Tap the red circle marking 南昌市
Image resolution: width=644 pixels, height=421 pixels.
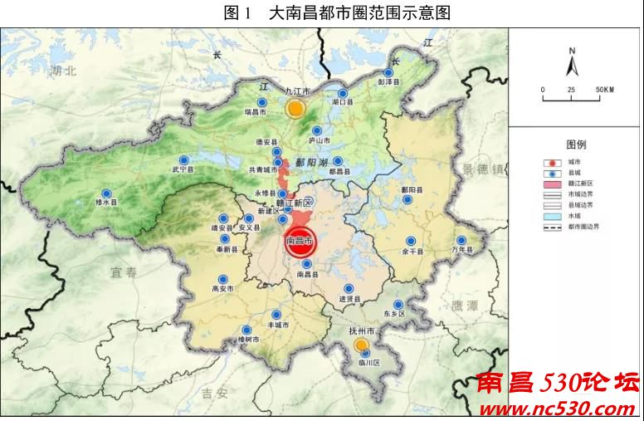pos(300,240)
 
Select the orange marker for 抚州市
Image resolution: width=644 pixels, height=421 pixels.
pos(361,345)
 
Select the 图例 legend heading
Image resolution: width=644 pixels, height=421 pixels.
pos(576,144)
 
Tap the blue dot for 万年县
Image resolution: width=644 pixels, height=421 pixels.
pos(461,240)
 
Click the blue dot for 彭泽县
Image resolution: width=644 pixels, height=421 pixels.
pos(388,73)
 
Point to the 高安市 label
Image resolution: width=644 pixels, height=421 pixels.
pos(222,289)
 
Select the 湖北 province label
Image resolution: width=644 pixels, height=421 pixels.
pos(63,71)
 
